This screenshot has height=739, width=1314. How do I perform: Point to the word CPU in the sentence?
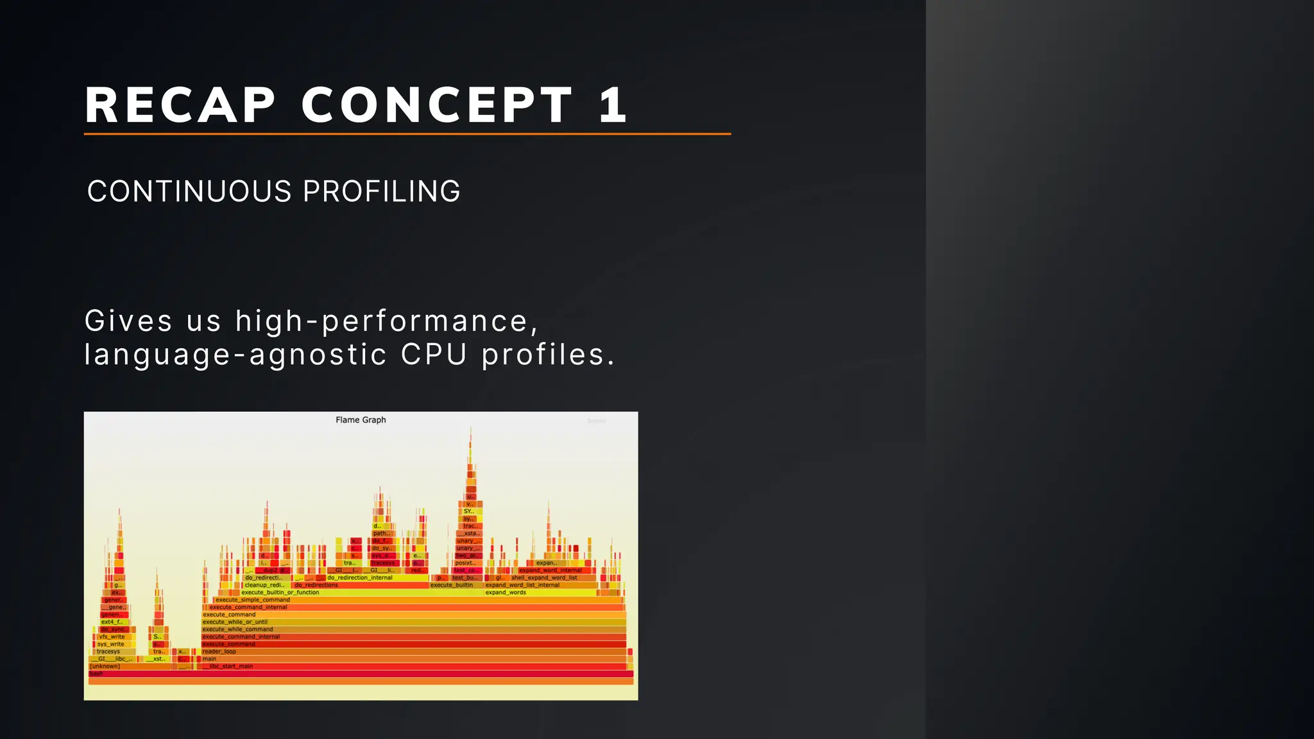[x=434, y=354]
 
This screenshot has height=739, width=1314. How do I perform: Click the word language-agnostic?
[x=235, y=355]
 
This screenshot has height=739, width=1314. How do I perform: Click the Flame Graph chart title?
[x=361, y=420]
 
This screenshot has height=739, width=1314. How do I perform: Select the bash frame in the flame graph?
[x=96, y=674]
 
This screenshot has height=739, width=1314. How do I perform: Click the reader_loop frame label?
[x=219, y=652]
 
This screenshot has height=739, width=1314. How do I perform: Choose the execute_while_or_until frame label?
[x=235, y=622]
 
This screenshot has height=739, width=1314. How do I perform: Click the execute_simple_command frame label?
[x=252, y=600]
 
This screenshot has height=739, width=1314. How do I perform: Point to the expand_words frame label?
[x=506, y=593]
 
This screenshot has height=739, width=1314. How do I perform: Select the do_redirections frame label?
[x=316, y=585]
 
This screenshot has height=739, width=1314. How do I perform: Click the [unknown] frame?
[x=105, y=667]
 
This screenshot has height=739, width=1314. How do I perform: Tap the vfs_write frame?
[x=112, y=637]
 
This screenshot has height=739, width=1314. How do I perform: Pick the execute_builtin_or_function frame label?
[x=280, y=593]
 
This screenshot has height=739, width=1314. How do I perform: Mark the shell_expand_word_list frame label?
[x=544, y=578]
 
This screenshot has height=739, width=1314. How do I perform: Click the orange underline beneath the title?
[x=407, y=134]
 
